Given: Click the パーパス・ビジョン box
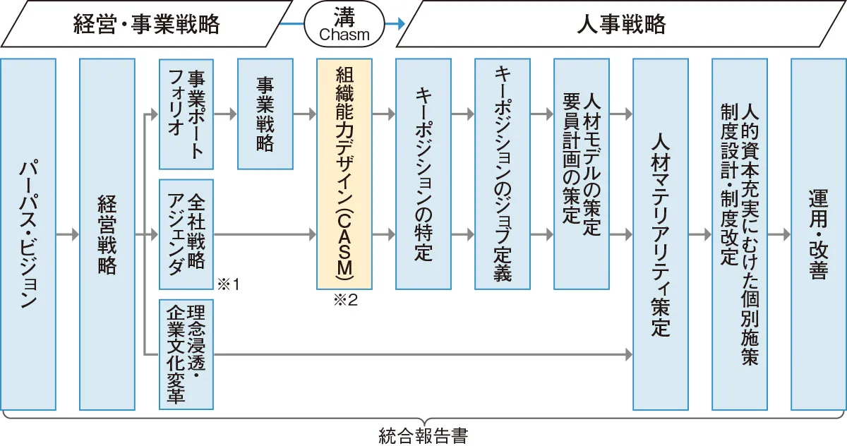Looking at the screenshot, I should [28, 234].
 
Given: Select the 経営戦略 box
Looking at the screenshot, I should [107, 234].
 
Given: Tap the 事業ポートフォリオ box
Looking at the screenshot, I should [186, 114].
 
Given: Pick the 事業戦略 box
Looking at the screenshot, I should [265, 114].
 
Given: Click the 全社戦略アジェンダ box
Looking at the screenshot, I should [186, 234].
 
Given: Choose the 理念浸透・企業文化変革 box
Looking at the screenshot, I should [186, 354].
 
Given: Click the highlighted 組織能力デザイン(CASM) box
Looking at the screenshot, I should [344, 174].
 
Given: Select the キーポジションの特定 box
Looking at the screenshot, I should [423, 174].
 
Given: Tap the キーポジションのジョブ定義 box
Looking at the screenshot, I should [503, 174].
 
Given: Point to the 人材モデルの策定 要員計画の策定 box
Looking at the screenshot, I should [582, 174].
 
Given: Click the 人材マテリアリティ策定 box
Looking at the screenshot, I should [661, 234].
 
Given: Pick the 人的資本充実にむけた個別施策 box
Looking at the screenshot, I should [740, 234].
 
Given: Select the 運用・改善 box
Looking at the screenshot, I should [819, 234].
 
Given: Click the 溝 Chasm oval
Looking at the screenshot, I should [344, 24].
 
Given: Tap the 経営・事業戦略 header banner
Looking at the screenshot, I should [146, 24].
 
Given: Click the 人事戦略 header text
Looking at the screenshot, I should [621, 24].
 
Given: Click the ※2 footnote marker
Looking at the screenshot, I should [346, 300].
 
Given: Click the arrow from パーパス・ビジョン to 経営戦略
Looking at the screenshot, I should [68, 234].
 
